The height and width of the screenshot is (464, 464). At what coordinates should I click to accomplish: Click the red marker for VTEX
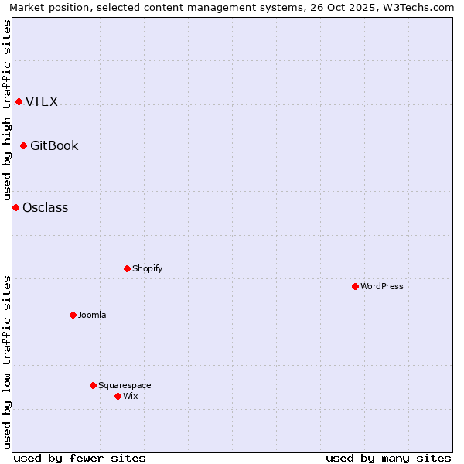tap(19, 102)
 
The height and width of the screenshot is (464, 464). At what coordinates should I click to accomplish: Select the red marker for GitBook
tap(23, 146)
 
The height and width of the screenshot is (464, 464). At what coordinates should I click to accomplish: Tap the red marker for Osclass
tap(15, 208)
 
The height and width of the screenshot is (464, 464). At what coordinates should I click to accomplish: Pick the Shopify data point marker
tap(127, 269)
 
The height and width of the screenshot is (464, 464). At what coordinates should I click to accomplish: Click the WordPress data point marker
tap(355, 287)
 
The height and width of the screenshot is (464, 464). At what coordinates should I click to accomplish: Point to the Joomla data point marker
tap(73, 316)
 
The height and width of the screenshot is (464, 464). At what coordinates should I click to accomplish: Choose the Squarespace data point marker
tap(93, 386)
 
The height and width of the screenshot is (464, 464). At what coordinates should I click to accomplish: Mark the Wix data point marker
tap(118, 397)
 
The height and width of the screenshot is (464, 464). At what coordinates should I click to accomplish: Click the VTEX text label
tap(42, 102)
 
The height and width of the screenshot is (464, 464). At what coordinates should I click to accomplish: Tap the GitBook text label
tap(54, 146)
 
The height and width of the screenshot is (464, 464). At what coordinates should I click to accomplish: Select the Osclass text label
tap(46, 208)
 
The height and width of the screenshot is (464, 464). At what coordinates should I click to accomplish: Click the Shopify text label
tap(147, 269)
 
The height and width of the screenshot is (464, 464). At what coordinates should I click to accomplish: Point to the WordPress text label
tap(382, 287)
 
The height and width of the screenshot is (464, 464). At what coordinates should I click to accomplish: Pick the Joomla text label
tap(92, 316)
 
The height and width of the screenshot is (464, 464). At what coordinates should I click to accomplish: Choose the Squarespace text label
tap(125, 386)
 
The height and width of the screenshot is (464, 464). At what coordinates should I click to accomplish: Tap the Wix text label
tap(130, 397)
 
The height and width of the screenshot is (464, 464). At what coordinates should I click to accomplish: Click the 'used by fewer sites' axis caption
tap(80, 459)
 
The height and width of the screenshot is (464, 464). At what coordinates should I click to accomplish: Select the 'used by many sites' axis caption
tap(388, 459)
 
